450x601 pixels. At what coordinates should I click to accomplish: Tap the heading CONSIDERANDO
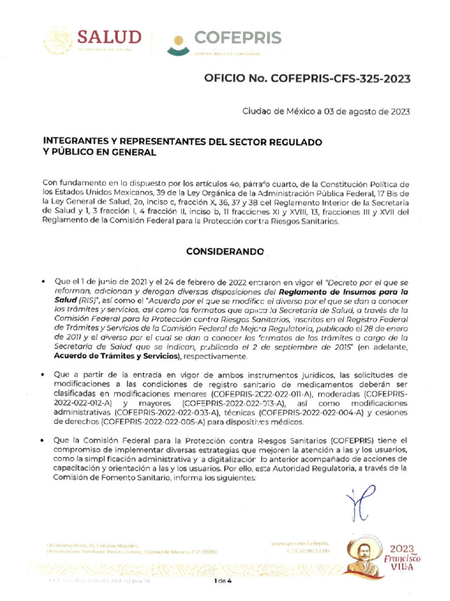click(224, 251)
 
